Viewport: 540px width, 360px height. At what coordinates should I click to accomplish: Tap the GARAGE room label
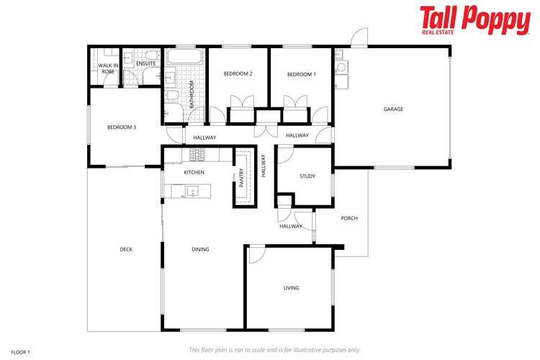(393, 109)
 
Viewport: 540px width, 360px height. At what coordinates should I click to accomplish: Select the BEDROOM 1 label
(301, 75)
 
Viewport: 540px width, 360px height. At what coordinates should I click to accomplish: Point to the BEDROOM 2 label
(238, 74)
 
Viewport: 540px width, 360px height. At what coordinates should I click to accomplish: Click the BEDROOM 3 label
(122, 127)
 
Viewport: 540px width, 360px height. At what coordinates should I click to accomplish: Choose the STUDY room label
(307, 176)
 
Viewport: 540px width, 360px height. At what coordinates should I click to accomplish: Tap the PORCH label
(349, 218)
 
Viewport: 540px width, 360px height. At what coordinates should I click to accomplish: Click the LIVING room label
(292, 288)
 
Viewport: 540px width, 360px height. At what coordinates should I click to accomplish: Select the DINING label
(200, 250)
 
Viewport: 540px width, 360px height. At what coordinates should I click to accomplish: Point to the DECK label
(126, 250)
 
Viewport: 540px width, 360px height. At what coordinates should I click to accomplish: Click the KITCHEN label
(194, 173)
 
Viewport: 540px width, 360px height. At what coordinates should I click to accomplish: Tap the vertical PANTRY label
(242, 177)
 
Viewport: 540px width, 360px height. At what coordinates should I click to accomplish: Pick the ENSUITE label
(145, 64)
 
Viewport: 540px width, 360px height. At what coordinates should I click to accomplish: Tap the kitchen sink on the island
(192, 191)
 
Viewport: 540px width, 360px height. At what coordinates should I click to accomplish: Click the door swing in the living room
(256, 253)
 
